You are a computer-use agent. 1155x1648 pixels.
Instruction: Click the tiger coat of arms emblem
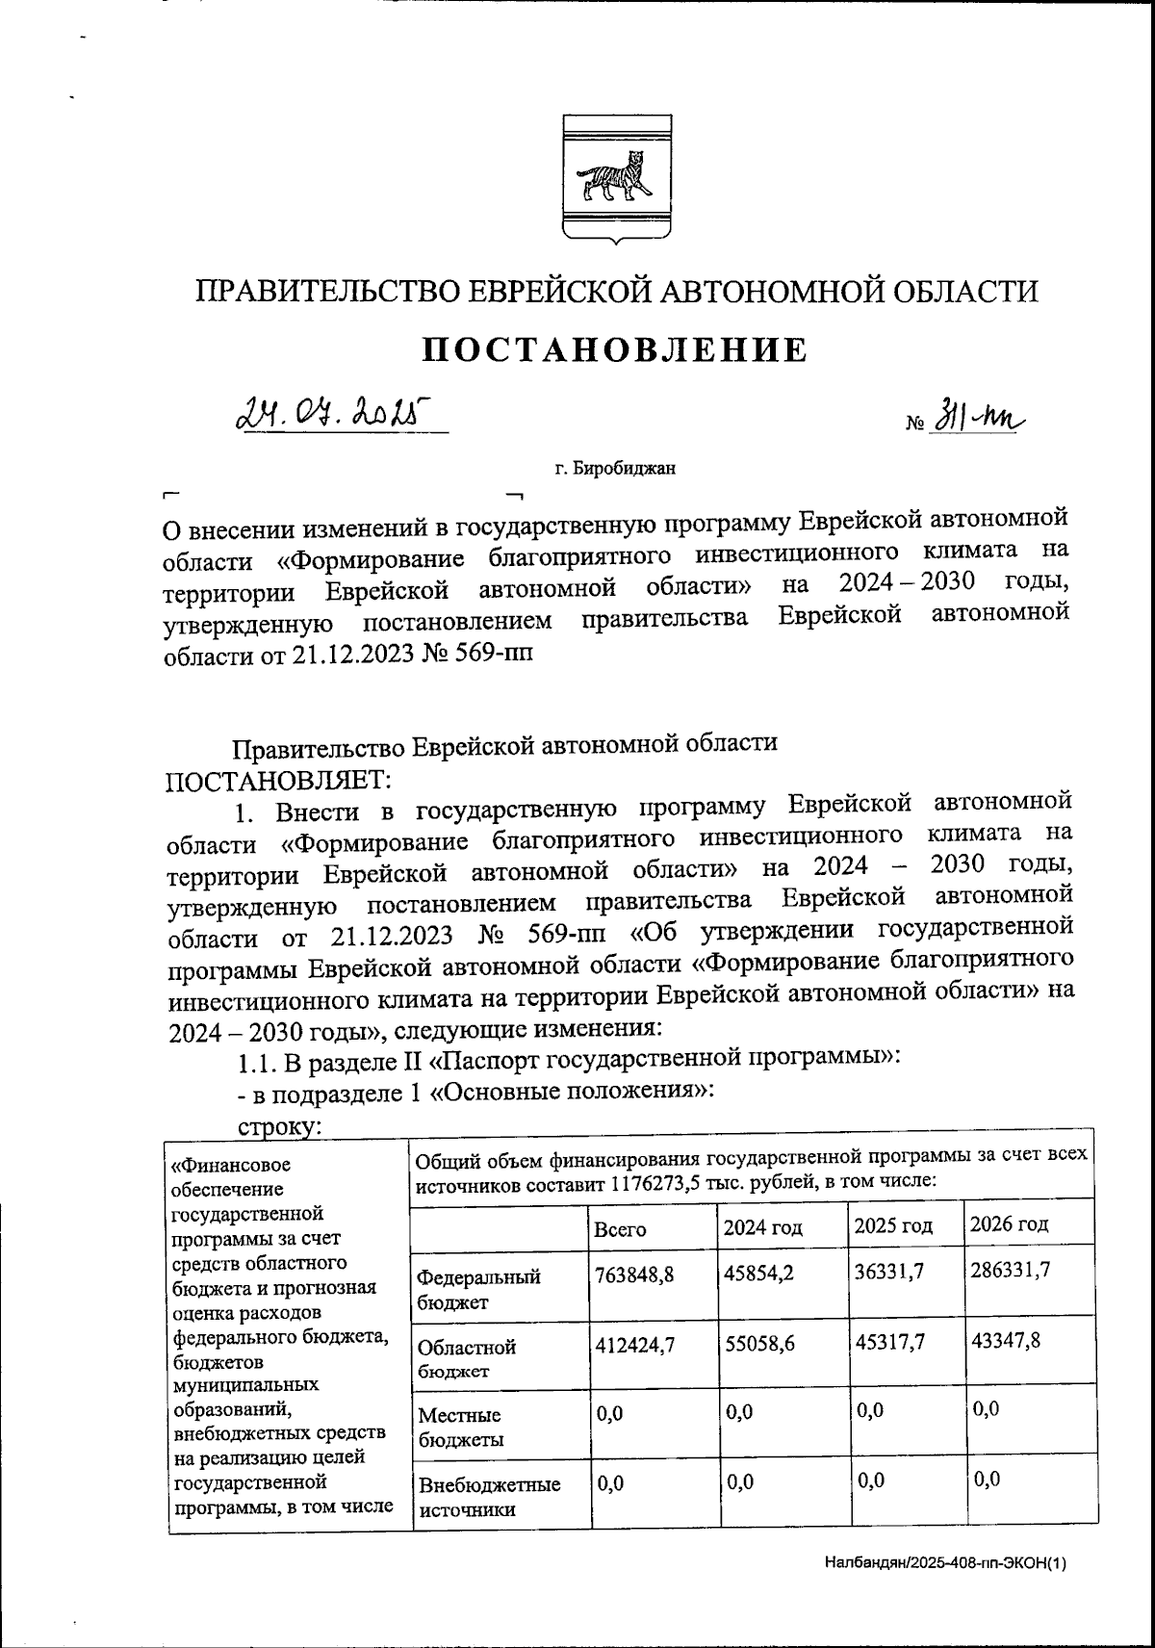(617, 177)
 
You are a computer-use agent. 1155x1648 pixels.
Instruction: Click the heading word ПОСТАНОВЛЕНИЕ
(616, 350)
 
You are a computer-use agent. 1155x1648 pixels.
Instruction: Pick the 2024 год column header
(763, 1228)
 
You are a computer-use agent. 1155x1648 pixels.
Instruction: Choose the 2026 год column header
(1008, 1224)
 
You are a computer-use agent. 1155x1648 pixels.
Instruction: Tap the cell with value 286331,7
(1010, 1270)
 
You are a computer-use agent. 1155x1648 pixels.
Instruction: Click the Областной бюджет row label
(467, 1358)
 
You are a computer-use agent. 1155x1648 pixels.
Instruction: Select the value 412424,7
(634, 1345)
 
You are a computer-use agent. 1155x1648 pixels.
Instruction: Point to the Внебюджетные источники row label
(488, 1496)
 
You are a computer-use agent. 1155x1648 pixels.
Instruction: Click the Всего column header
(620, 1229)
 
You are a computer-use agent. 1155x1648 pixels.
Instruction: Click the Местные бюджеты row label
(459, 1428)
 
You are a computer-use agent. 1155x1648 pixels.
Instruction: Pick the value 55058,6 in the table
(760, 1345)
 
